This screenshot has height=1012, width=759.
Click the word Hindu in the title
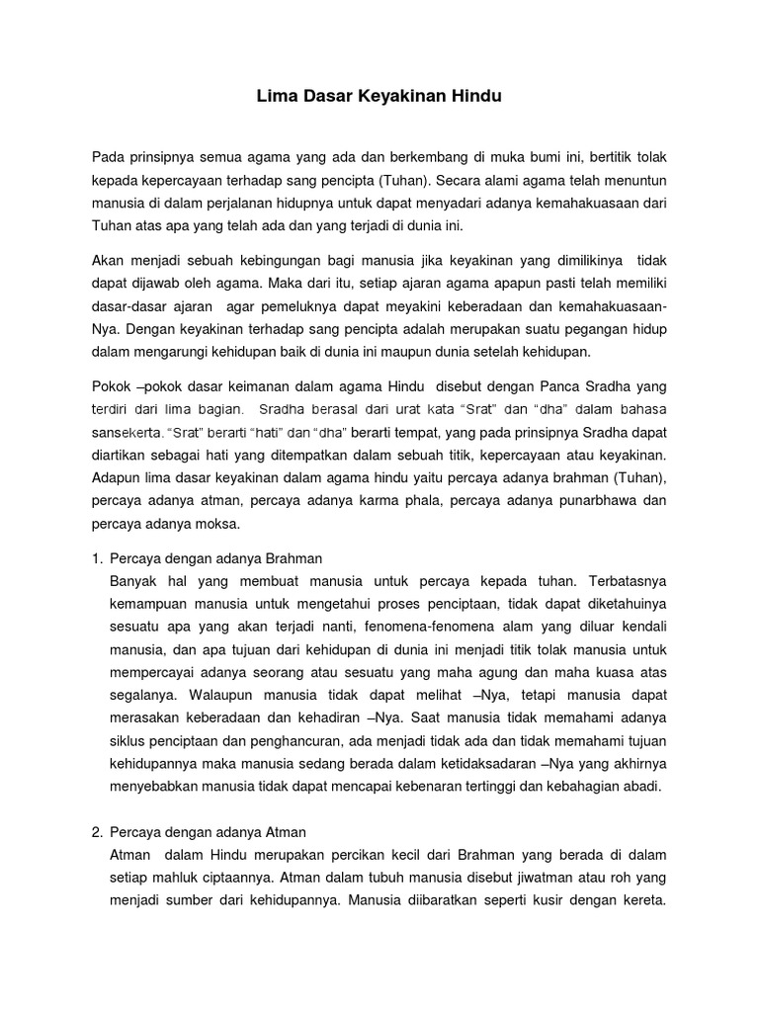click(477, 97)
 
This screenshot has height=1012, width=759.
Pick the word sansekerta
click(127, 431)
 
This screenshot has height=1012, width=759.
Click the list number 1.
click(96, 559)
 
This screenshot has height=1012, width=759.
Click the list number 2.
click(96, 832)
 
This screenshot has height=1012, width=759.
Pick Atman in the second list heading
click(288, 832)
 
